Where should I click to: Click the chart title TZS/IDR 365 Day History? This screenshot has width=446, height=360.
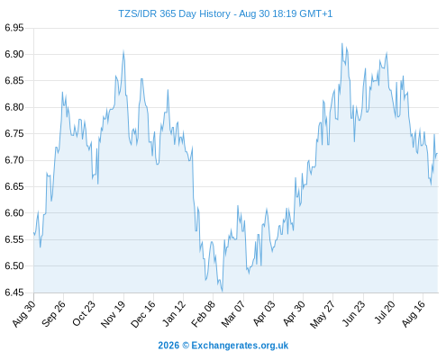pyautogui.click(x=174, y=13)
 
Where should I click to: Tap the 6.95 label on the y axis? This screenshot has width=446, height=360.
pyautogui.click(x=14, y=28)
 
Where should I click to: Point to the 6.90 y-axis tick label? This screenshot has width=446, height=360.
pyautogui.click(x=14, y=54)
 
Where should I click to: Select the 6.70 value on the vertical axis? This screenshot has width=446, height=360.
pyautogui.click(x=14, y=160)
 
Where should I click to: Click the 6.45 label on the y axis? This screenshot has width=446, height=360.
pyautogui.click(x=14, y=292)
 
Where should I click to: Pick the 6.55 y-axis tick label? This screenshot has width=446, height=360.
pyautogui.click(x=14, y=239)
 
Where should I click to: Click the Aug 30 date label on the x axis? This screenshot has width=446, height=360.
pyautogui.click(x=24, y=313)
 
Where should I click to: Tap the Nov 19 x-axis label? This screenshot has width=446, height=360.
pyautogui.click(x=113, y=314)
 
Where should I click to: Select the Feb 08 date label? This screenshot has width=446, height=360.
pyautogui.click(x=204, y=314)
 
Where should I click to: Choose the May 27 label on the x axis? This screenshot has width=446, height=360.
pyautogui.click(x=323, y=314)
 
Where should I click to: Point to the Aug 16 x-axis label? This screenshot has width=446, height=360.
pyautogui.click(x=414, y=314)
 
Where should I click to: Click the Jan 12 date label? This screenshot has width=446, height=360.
pyautogui.click(x=174, y=313)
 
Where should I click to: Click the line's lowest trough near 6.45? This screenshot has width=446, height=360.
pyautogui.click(x=223, y=291)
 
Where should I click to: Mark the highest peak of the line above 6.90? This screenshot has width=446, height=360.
pyautogui.click(x=342, y=43)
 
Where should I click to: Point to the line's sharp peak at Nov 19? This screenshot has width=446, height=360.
pyautogui.click(x=123, y=51)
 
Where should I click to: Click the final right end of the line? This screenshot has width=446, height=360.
pyautogui.click(x=438, y=154)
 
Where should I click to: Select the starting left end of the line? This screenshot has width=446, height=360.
pyautogui.click(x=33, y=232)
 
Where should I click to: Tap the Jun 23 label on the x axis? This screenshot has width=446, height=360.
pyautogui.click(x=354, y=314)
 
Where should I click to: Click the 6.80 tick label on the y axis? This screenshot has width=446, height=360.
pyautogui.click(x=14, y=107)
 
